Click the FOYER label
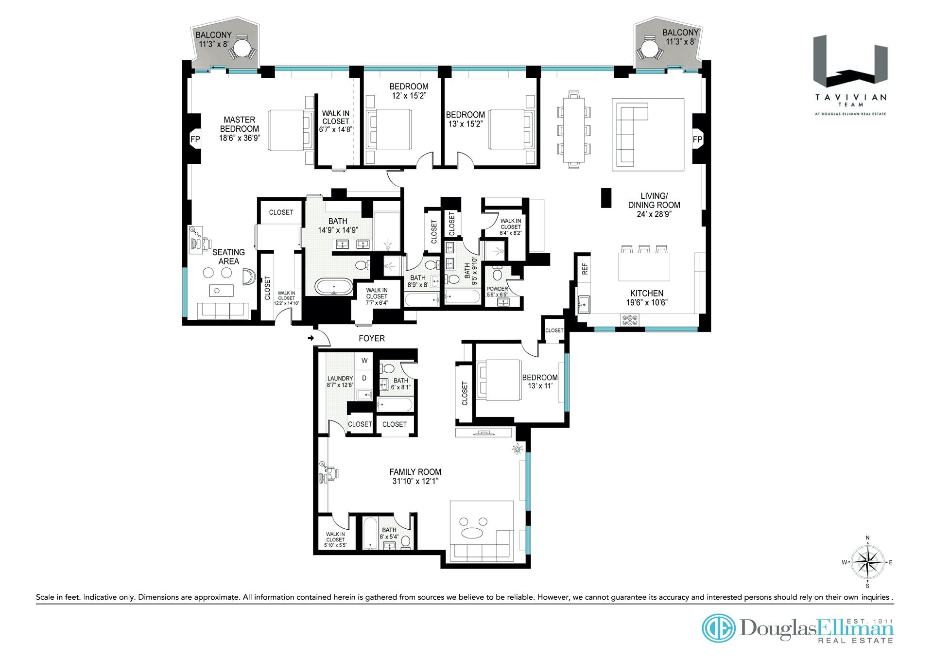pyautogui.click(x=372, y=338)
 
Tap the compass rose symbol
pyautogui.click(x=867, y=562)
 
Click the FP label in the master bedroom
pyautogui.click(x=195, y=139)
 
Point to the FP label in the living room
pyautogui.click(x=697, y=139)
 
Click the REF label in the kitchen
pyautogui.click(x=585, y=269)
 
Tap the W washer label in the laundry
pyautogui.click(x=364, y=361)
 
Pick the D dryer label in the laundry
pyautogui.click(x=364, y=378)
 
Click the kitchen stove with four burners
pyautogui.click(x=630, y=320)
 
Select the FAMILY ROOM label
pyautogui.click(x=415, y=472)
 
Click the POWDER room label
pyautogui.click(x=497, y=289)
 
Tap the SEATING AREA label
pyautogui.click(x=228, y=257)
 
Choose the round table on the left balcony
pyautogui.click(x=242, y=48)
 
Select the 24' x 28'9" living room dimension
pyautogui.click(x=654, y=214)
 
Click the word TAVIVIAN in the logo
pyautogui.click(x=850, y=97)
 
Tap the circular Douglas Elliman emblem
pyautogui.click(x=719, y=628)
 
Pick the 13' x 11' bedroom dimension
pyautogui.click(x=539, y=387)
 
